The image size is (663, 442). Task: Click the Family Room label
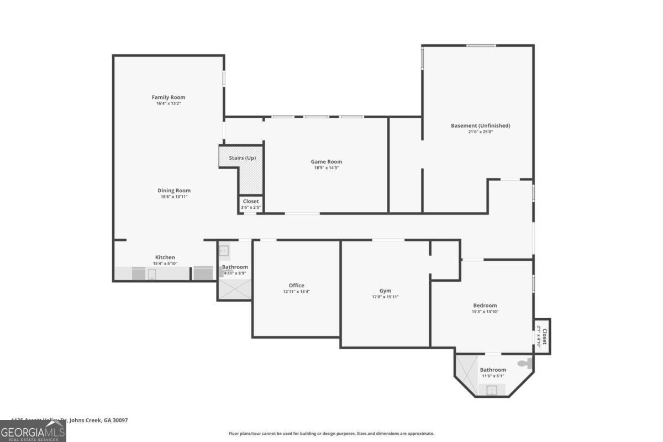pyautogui.click(x=169, y=97)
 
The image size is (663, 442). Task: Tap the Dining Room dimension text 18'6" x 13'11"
pyautogui.click(x=174, y=197)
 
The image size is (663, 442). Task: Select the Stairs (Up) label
pyautogui.click(x=242, y=158)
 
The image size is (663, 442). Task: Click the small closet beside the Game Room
pyautogui.click(x=250, y=203)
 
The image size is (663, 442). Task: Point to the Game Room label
pyautogui.click(x=326, y=161)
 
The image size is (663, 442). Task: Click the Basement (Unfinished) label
pyautogui.click(x=480, y=125)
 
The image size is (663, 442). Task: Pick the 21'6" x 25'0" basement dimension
pyautogui.click(x=480, y=132)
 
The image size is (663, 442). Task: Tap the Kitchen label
pyautogui.click(x=165, y=257)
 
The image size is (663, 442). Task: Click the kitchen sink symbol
pyautogui.click(x=151, y=274)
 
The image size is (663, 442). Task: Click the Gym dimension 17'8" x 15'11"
pyautogui.click(x=385, y=297)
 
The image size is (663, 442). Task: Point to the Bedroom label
pyautogui.click(x=485, y=306)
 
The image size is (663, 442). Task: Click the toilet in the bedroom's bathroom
pyautogui.click(x=524, y=364)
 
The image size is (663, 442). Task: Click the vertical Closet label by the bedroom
pyautogui.click(x=544, y=336)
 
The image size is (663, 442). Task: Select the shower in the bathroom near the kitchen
pyautogui.click(x=234, y=289)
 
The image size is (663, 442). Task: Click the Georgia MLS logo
pyautogui.click(x=33, y=431)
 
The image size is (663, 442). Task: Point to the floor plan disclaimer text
pyautogui.click(x=331, y=434)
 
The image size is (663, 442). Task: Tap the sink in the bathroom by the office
pyautogui.click(x=224, y=250)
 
